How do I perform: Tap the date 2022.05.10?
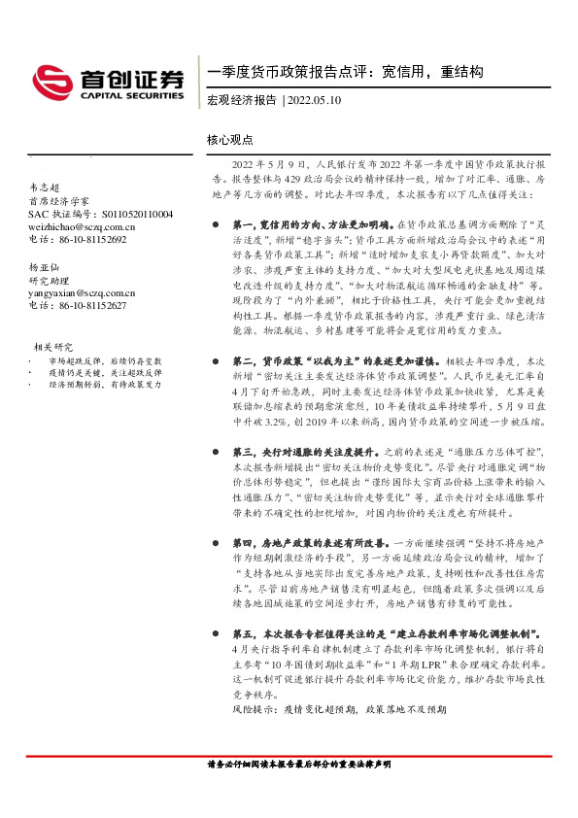pyautogui.click(x=315, y=100)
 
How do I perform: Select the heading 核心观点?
pyautogui.click(x=229, y=139)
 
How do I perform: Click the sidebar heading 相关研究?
pyautogui.click(x=53, y=346)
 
